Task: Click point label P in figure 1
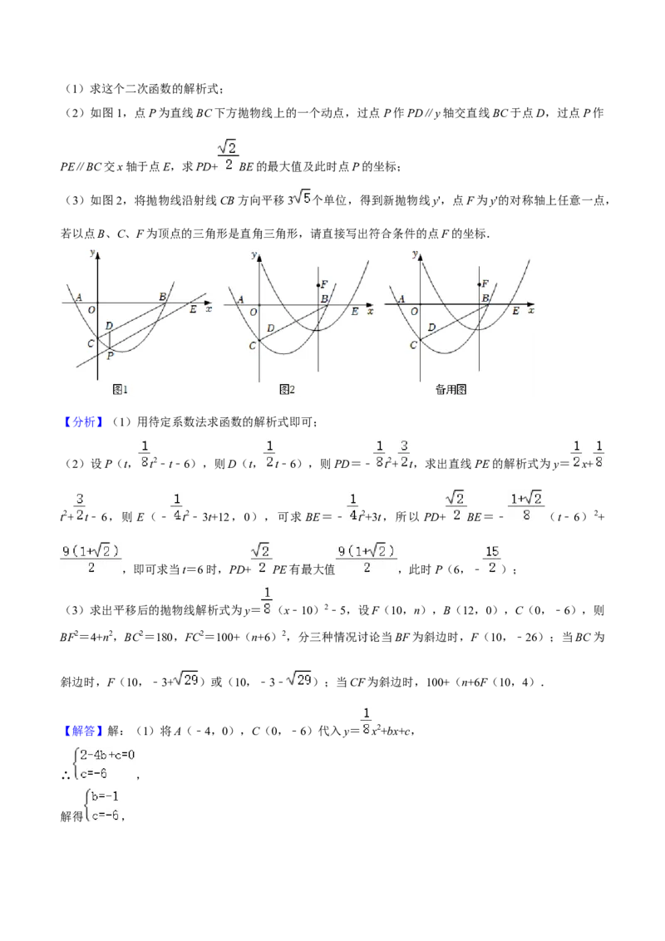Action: [x=110, y=355]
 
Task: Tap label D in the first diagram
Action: [x=109, y=326]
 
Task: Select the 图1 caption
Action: [x=120, y=390]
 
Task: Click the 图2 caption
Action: [x=287, y=390]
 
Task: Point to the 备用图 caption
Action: [x=451, y=390]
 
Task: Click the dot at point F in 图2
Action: [x=318, y=285]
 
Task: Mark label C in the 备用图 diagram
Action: [x=413, y=345]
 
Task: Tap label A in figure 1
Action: [x=78, y=297]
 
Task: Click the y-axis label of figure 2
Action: [x=254, y=255]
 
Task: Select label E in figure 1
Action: [x=193, y=309]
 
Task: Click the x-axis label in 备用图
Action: [x=531, y=310]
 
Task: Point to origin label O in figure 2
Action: [x=254, y=312]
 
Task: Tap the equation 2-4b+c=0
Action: [x=107, y=754]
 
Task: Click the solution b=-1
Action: [x=106, y=796]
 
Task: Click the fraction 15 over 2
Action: [x=492, y=559]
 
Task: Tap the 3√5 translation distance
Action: [x=299, y=199]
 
